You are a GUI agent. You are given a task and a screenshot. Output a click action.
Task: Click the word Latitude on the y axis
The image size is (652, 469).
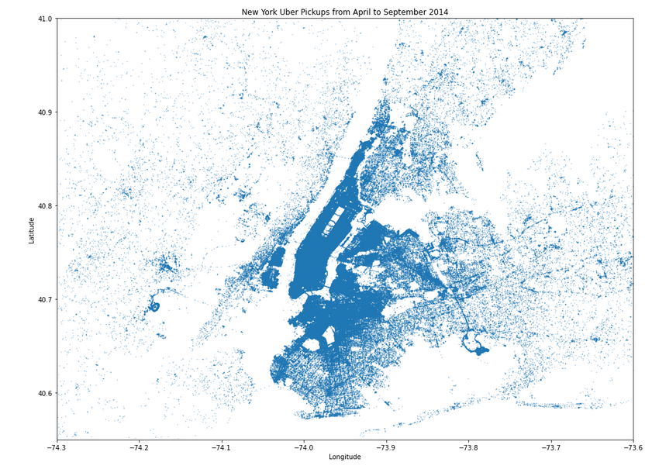tap(32, 230)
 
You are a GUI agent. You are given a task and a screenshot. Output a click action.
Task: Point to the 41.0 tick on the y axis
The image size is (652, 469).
tap(43, 19)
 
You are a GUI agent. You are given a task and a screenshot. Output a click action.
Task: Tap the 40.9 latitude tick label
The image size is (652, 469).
tap(43, 112)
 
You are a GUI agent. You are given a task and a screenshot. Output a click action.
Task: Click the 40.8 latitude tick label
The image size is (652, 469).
tap(43, 206)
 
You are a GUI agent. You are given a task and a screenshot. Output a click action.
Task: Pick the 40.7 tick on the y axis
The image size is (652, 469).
tap(43, 299)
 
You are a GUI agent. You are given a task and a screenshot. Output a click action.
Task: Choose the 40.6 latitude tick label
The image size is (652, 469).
tap(43, 393)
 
